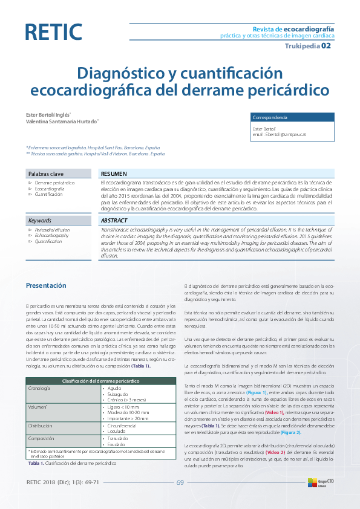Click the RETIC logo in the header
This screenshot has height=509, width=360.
[x=54, y=32]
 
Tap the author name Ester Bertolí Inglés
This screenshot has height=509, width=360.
[x=47, y=114]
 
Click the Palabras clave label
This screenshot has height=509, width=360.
[x=46, y=173]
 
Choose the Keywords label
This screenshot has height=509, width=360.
[x=40, y=221]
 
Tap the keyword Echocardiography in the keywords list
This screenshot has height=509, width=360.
[x=51, y=235]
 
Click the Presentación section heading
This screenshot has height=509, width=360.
[x=46, y=285]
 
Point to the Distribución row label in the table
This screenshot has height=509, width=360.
[x=41, y=426]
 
